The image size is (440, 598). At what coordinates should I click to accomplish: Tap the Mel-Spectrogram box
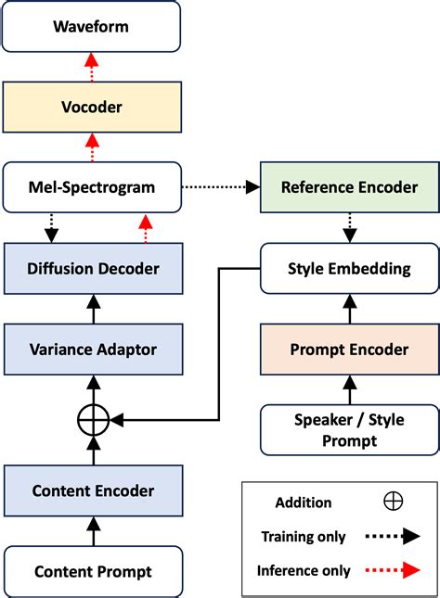[x=91, y=187]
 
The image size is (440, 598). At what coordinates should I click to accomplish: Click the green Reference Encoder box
[x=348, y=187]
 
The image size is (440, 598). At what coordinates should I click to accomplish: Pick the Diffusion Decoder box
[x=91, y=268]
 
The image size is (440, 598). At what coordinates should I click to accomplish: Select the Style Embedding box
[x=348, y=268]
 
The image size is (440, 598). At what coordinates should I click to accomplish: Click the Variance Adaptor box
[x=91, y=349]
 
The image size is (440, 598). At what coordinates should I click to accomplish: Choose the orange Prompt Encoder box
[x=348, y=349]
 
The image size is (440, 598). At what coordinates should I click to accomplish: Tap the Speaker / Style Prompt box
[x=348, y=429]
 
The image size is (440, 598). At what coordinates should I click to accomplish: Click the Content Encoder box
[x=91, y=490]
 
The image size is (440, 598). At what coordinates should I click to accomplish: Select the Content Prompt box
[x=91, y=572]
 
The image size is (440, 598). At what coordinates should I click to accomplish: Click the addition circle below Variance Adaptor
[x=91, y=420]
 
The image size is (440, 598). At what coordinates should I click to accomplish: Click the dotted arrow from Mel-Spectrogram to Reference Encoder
[x=221, y=187]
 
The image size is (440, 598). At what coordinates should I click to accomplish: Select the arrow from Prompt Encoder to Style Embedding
[x=348, y=309]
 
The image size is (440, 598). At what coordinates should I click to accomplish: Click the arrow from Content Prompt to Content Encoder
[x=91, y=531]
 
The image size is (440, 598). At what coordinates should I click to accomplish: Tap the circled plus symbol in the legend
[x=393, y=502]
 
